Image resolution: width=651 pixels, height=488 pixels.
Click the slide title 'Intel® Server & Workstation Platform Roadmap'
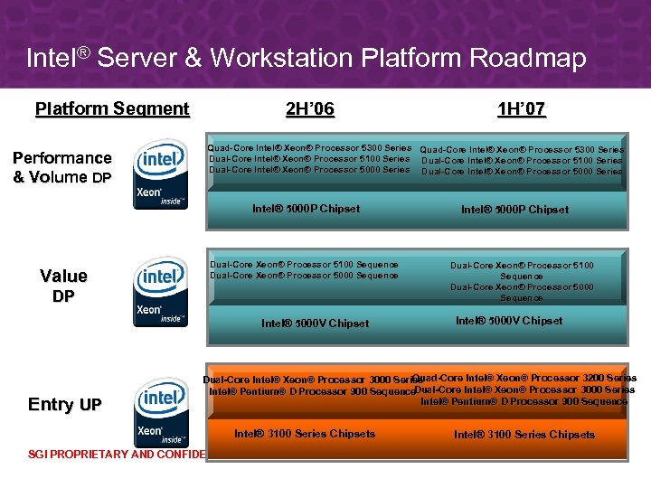click(306, 59)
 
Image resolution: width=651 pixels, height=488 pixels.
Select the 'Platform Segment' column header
click(112, 109)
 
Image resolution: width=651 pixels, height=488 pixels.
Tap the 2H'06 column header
click(310, 109)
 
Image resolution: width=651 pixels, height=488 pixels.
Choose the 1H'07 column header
click(522, 109)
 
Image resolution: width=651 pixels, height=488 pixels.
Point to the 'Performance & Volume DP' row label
click(62, 167)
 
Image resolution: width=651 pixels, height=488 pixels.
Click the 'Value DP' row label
click(63, 286)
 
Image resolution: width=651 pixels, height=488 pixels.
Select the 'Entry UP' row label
click(64, 404)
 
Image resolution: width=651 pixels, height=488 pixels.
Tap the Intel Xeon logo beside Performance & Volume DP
click(160, 174)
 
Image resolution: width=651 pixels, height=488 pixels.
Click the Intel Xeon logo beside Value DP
click(160, 290)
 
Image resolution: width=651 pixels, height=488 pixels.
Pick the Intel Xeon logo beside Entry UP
click(160, 410)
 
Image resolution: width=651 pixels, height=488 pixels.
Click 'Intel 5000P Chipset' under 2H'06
click(306, 209)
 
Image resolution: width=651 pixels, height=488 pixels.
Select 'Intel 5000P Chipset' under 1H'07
click(514, 210)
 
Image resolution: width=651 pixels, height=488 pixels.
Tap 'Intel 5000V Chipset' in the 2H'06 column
click(315, 323)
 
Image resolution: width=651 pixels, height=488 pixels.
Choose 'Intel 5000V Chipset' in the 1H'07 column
click(509, 321)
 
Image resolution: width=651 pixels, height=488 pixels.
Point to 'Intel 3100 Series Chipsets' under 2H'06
click(305, 434)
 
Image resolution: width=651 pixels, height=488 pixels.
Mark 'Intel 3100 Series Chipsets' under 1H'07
click(524, 435)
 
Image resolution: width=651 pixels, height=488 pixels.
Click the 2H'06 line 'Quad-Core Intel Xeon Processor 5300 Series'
click(310, 147)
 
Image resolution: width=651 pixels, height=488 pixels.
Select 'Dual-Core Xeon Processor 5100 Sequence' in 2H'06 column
click(304, 265)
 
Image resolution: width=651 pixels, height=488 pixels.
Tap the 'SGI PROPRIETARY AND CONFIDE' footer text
click(104, 455)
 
